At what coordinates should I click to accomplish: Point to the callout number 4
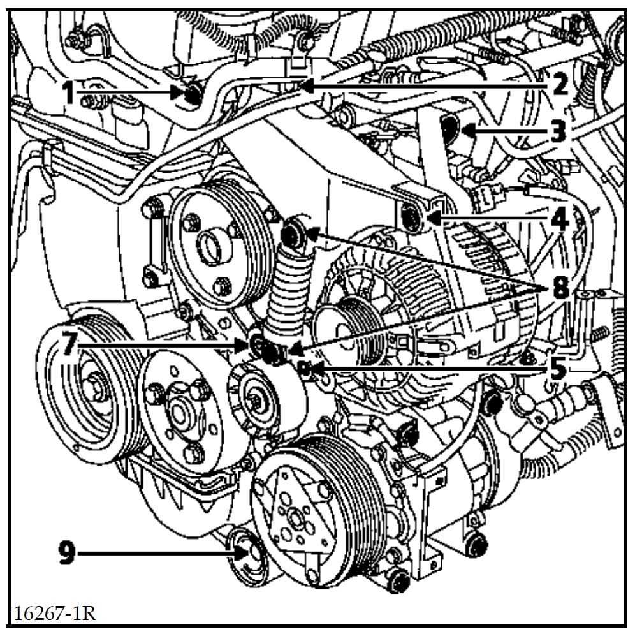[559, 219]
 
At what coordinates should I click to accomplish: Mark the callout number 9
[68, 553]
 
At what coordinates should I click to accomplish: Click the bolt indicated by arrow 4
[412, 219]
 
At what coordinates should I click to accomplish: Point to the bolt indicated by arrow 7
[258, 345]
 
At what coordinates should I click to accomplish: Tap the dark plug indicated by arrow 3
[450, 128]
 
